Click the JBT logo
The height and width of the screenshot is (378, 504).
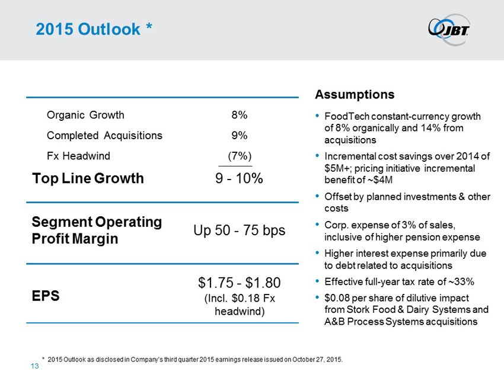(x=448, y=28)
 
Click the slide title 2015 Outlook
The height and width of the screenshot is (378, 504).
(x=95, y=29)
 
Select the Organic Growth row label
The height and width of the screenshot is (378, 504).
(x=85, y=115)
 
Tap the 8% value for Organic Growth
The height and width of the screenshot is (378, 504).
(x=240, y=115)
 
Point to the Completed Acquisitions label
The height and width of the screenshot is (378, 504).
(x=104, y=135)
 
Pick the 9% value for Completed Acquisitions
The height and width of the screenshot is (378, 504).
(x=240, y=135)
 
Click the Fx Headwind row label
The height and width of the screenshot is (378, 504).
(x=78, y=156)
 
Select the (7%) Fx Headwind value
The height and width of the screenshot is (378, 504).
(x=236, y=156)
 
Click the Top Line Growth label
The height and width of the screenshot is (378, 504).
(x=88, y=178)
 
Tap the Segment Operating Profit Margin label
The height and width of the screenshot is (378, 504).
(x=97, y=230)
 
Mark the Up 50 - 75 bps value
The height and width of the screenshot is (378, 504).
(x=240, y=230)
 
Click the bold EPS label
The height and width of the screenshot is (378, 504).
(x=46, y=296)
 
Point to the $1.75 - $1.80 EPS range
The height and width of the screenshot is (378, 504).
(x=239, y=282)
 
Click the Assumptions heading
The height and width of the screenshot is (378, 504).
(x=355, y=95)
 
